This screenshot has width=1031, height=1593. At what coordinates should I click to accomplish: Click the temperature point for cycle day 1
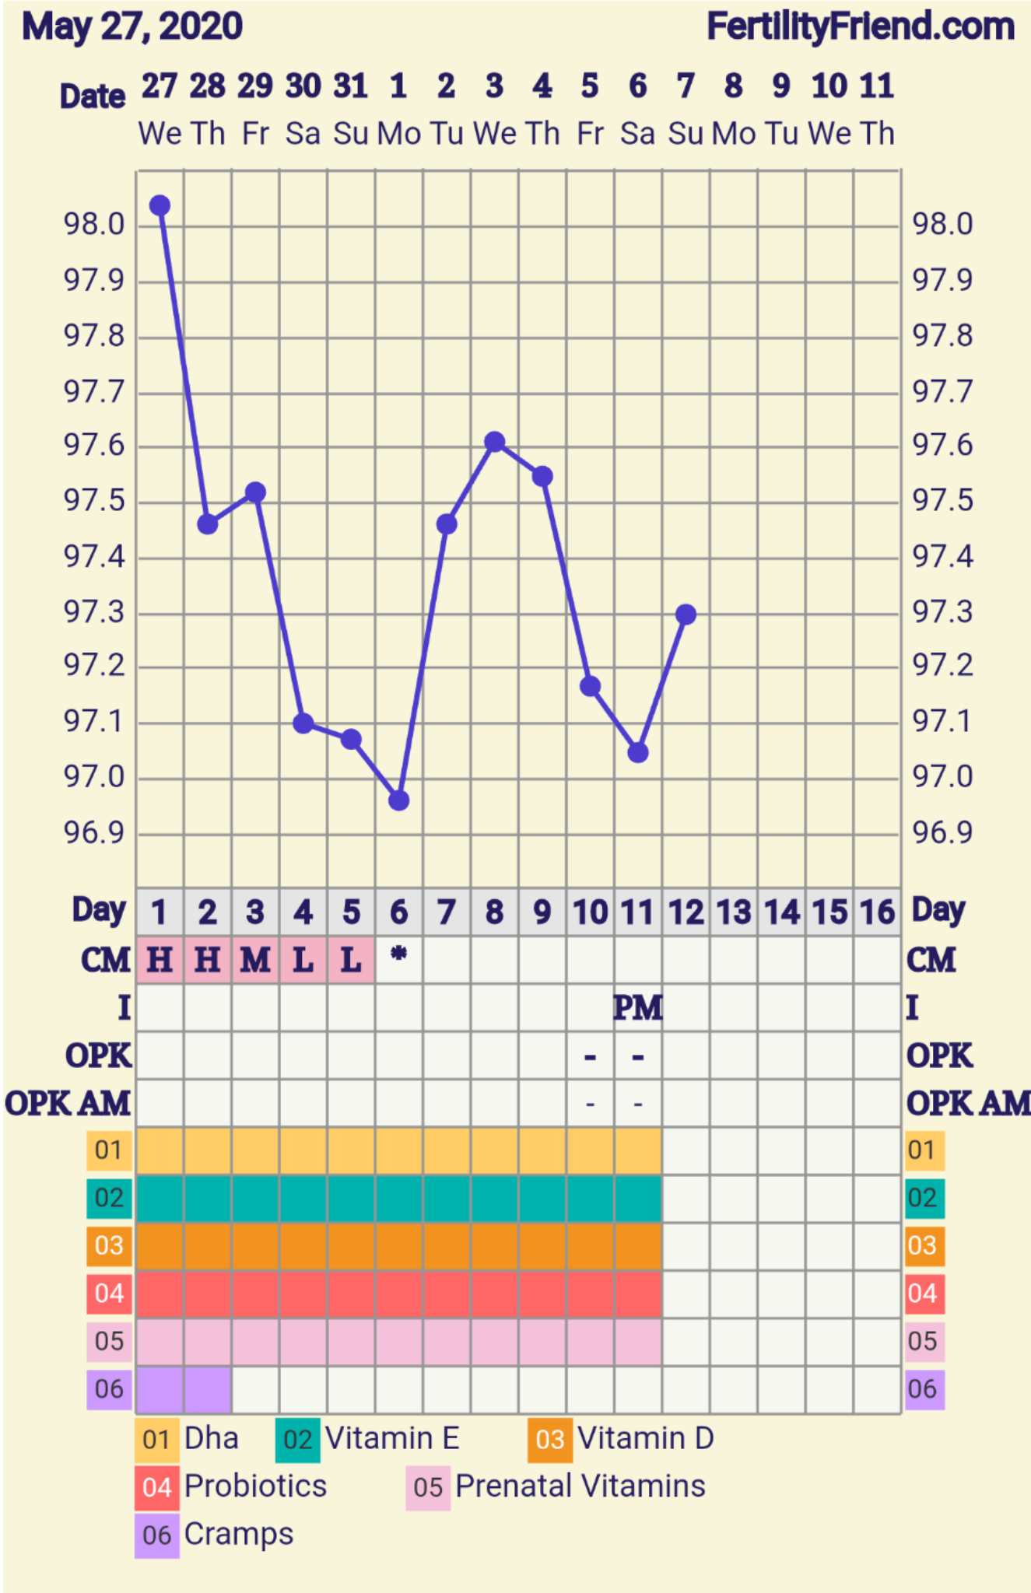pyautogui.click(x=160, y=205)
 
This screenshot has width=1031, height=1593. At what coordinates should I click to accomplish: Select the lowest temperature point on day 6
pyautogui.click(x=398, y=800)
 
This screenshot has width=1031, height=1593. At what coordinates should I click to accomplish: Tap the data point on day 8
pyautogui.click(x=494, y=442)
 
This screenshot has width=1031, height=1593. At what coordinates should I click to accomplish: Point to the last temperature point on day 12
pyautogui.click(x=686, y=614)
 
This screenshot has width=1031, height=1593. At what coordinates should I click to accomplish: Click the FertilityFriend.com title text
pyautogui.click(x=861, y=27)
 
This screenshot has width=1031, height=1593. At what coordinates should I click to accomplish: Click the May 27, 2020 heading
pyautogui.click(x=132, y=27)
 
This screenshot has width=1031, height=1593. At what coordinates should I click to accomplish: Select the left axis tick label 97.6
pyautogui.click(x=94, y=446)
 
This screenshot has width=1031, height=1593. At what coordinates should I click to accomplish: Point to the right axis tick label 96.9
pyautogui.click(x=942, y=833)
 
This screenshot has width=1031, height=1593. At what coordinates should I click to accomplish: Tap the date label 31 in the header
pyautogui.click(x=350, y=86)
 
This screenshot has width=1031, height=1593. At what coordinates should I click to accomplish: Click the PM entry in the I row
pyautogui.click(x=638, y=1008)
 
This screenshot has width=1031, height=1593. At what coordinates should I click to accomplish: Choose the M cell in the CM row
pyautogui.click(x=255, y=961)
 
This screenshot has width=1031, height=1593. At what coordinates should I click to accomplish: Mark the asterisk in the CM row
pyautogui.click(x=398, y=954)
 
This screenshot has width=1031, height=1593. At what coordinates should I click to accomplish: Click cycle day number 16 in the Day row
pyautogui.click(x=878, y=912)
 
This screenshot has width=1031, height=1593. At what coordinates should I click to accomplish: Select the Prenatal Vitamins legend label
pyautogui.click(x=580, y=1486)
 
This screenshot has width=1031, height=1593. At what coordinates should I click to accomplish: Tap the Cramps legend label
pyautogui.click(x=239, y=1534)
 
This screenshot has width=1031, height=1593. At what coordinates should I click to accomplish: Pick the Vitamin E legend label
pyautogui.click(x=392, y=1438)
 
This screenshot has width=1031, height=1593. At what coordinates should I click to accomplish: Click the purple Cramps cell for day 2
pyautogui.click(x=208, y=1389)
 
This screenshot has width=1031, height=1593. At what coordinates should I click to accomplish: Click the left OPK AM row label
pyautogui.click(x=68, y=1104)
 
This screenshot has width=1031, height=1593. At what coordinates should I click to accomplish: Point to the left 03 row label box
pyautogui.click(x=109, y=1246)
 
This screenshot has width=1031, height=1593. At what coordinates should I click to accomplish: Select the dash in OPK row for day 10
pyautogui.click(x=591, y=1057)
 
